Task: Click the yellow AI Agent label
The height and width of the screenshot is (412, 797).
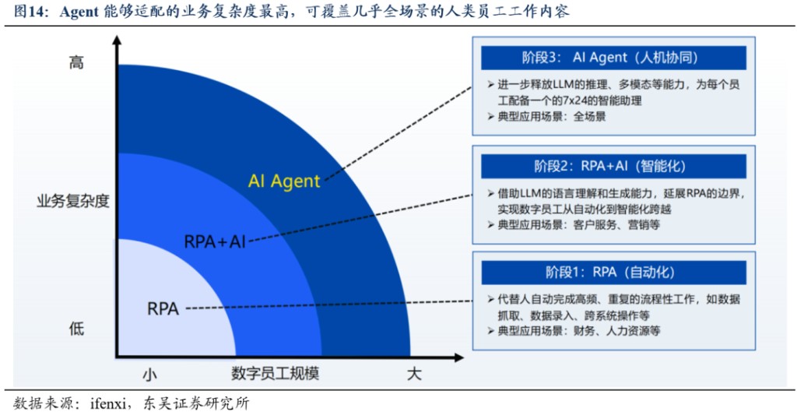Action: click(x=284, y=181)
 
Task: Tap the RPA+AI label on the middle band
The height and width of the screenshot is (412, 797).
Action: click(x=215, y=241)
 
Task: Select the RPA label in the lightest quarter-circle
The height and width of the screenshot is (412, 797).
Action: click(x=163, y=308)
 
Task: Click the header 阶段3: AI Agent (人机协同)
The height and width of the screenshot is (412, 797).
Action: click(x=613, y=58)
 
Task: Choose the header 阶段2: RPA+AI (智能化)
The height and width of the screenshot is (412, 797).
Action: click(x=613, y=166)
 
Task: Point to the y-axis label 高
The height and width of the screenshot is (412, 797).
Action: click(x=76, y=62)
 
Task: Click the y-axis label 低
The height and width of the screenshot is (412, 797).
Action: click(x=76, y=329)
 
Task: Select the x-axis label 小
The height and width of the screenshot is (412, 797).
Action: click(x=149, y=375)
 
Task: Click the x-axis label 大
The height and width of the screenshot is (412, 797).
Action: click(x=414, y=375)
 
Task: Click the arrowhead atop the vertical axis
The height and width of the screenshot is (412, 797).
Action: click(x=118, y=43)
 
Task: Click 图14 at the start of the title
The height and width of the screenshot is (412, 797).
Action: click(x=29, y=12)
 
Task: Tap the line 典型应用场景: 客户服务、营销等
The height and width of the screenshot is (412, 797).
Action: click(x=573, y=224)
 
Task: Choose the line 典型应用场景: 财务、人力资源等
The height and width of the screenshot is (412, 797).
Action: click(x=573, y=331)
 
